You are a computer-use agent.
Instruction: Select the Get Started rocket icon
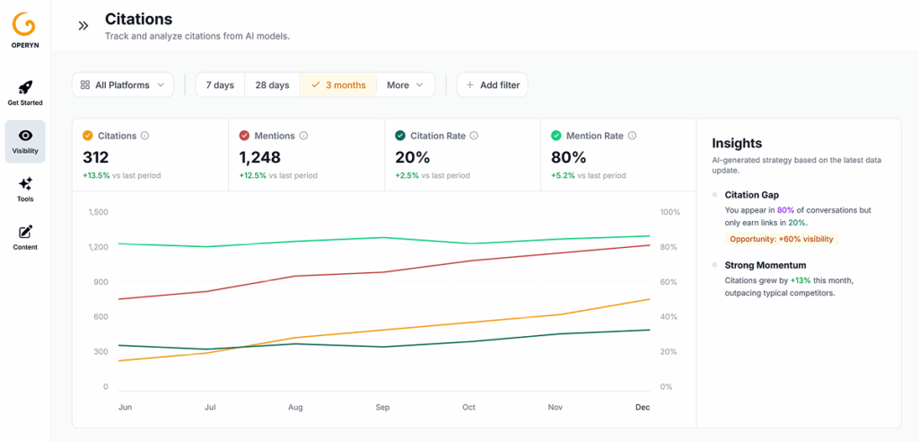(x=25, y=87)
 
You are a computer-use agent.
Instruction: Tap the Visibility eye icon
(x=25, y=136)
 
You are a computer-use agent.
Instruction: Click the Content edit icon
(x=25, y=232)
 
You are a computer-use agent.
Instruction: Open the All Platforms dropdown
(x=123, y=84)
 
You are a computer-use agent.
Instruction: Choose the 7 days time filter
(x=220, y=84)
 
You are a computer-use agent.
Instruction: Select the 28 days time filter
(x=272, y=84)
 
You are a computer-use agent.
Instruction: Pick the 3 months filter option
(x=338, y=84)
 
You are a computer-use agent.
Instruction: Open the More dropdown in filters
(x=405, y=84)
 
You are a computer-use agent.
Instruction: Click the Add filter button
(x=492, y=84)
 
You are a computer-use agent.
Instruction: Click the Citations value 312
(x=97, y=157)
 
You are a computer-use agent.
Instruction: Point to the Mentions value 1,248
(x=260, y=157)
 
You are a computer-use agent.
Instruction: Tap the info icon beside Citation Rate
(x=474, y=136)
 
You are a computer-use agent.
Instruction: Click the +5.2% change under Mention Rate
(x=562, y=175)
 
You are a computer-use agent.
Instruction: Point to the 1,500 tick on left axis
(x=99, y=212)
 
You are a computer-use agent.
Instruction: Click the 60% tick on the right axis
(x=670, y=282)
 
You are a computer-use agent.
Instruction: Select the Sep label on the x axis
(x=382, y=407)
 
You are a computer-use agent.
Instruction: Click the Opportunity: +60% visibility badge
(x=781, y=239)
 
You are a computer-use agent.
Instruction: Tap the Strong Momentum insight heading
(x=765, y=265)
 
